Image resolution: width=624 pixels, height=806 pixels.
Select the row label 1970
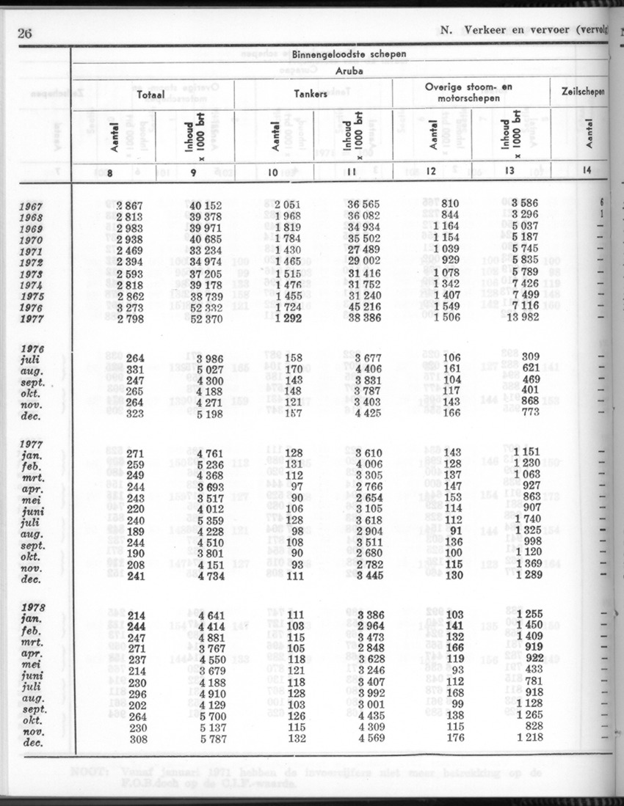click(32, 239)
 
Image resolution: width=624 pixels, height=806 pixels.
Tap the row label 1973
click(32, 274)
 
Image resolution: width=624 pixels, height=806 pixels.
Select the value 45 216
click(363, 308)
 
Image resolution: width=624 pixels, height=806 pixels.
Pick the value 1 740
click(523, 521)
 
